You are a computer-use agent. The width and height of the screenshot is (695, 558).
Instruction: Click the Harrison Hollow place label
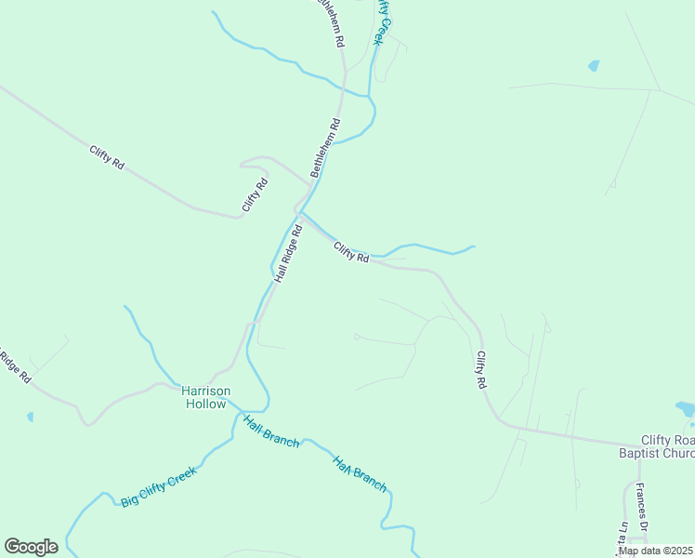pyautogui.click(x=205, y=397)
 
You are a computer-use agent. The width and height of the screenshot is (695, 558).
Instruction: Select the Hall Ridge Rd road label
pyautogui.click(x=289, y=253)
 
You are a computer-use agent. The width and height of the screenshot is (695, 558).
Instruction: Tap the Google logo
pyautogui.click(x=31, y=547)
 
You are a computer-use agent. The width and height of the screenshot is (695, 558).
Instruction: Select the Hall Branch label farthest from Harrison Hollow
pyautogui.click(x=360, y=473)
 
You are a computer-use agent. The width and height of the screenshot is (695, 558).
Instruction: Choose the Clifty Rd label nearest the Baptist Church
pyautogui.click(x=481, y=369)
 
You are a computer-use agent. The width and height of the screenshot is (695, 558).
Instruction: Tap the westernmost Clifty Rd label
pyautogui.click(x=107, y=157)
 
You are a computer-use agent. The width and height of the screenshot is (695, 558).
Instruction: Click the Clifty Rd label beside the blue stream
pyautogui.click(x=352, y=252)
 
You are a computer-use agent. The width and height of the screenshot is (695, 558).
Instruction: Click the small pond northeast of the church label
pyautogui.click(x=686, y=408)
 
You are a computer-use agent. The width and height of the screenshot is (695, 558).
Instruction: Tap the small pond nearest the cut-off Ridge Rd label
pyautogui.click(x=30, y=417)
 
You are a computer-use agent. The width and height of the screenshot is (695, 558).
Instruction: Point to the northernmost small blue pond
pyautogui.click(x=593, y=66)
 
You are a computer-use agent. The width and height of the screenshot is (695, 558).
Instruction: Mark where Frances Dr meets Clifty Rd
pyautogui.click(x=637, y=445)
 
